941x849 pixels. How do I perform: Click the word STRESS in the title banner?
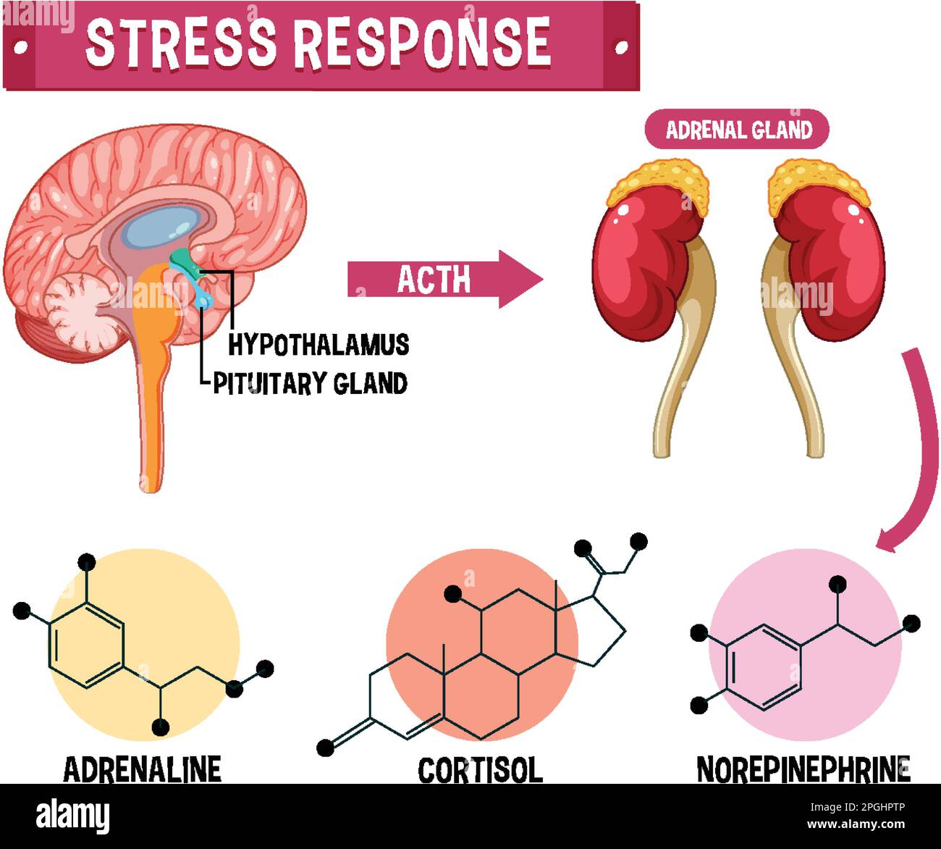point(181,41)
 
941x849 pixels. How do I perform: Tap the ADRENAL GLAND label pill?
point(738,130)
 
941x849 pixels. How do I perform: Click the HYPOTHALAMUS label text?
point(318,344)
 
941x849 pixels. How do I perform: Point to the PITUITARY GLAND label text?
point(310,382)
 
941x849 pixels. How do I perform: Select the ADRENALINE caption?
point(142,769)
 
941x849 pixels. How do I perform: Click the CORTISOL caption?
point(480,770)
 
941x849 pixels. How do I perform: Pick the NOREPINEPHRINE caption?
point(803,769)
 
